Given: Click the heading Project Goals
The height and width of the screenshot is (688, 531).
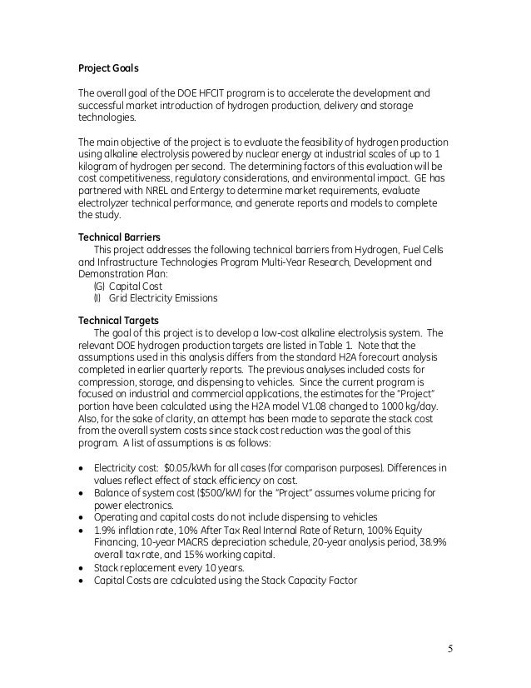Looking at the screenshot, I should point(109,67).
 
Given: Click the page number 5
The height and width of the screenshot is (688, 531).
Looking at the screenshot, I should point(457,647).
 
